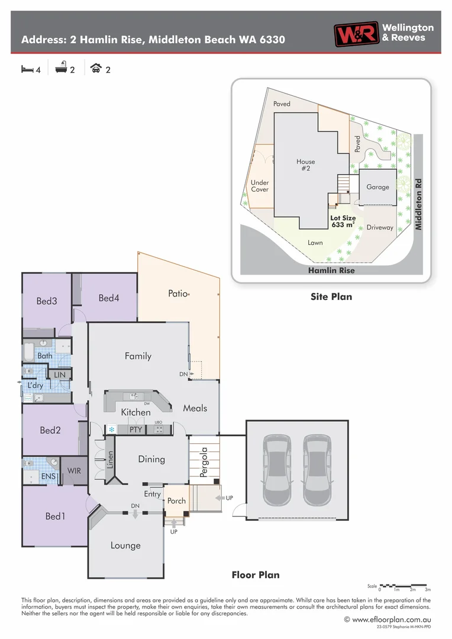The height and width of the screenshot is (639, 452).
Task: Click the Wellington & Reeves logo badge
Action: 356,34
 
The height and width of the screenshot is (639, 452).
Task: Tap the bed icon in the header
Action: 27,69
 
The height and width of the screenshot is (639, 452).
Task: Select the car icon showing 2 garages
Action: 95,69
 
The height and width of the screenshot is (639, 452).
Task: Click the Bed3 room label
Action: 47,301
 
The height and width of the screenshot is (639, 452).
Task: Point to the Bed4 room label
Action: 109,298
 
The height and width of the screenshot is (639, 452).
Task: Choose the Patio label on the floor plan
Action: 177,293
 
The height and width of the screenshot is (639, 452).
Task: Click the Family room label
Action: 138,356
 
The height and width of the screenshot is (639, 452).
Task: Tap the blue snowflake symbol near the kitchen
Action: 111,430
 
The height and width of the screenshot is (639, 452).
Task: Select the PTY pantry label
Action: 136,430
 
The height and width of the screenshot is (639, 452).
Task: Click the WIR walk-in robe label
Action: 74,471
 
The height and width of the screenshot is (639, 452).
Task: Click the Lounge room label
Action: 125,545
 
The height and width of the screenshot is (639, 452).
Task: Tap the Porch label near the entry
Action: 176,501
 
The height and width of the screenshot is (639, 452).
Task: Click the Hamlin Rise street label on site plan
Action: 331,270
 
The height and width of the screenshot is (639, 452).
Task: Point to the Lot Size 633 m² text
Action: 343,221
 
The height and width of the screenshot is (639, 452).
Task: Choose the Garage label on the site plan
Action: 377,187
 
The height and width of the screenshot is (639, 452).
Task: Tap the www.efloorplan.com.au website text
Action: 391,619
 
